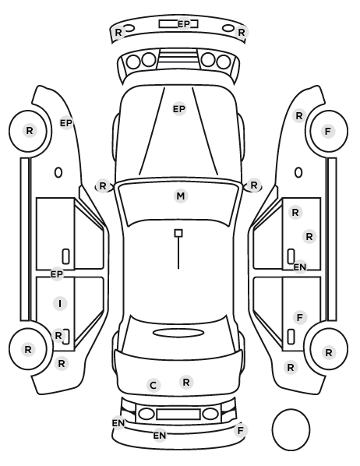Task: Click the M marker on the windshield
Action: tap(181, 196)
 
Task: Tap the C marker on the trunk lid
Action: tap(154, 386)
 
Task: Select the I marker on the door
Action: tap(60, 303)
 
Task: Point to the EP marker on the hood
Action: tap(179, 109)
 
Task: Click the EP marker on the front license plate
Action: tap(184, 24)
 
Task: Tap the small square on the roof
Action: tap(178, 233)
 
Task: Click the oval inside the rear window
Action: tap(178, 333)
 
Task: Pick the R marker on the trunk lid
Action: tap(186, 382)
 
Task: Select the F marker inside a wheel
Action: tap(328, 131)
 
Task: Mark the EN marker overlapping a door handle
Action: tap(300, 267)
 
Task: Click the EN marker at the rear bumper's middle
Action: tap(160, 436)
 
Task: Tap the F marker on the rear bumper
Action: tap(241, 430)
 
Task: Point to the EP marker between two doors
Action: tap(57, 274)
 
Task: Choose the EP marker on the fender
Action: tap(66, 123)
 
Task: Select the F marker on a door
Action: tap(300, 317)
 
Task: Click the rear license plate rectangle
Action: tap(178, 415)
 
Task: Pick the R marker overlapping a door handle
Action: tap(58, 336)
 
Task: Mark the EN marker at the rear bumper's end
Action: tap(118, 422)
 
